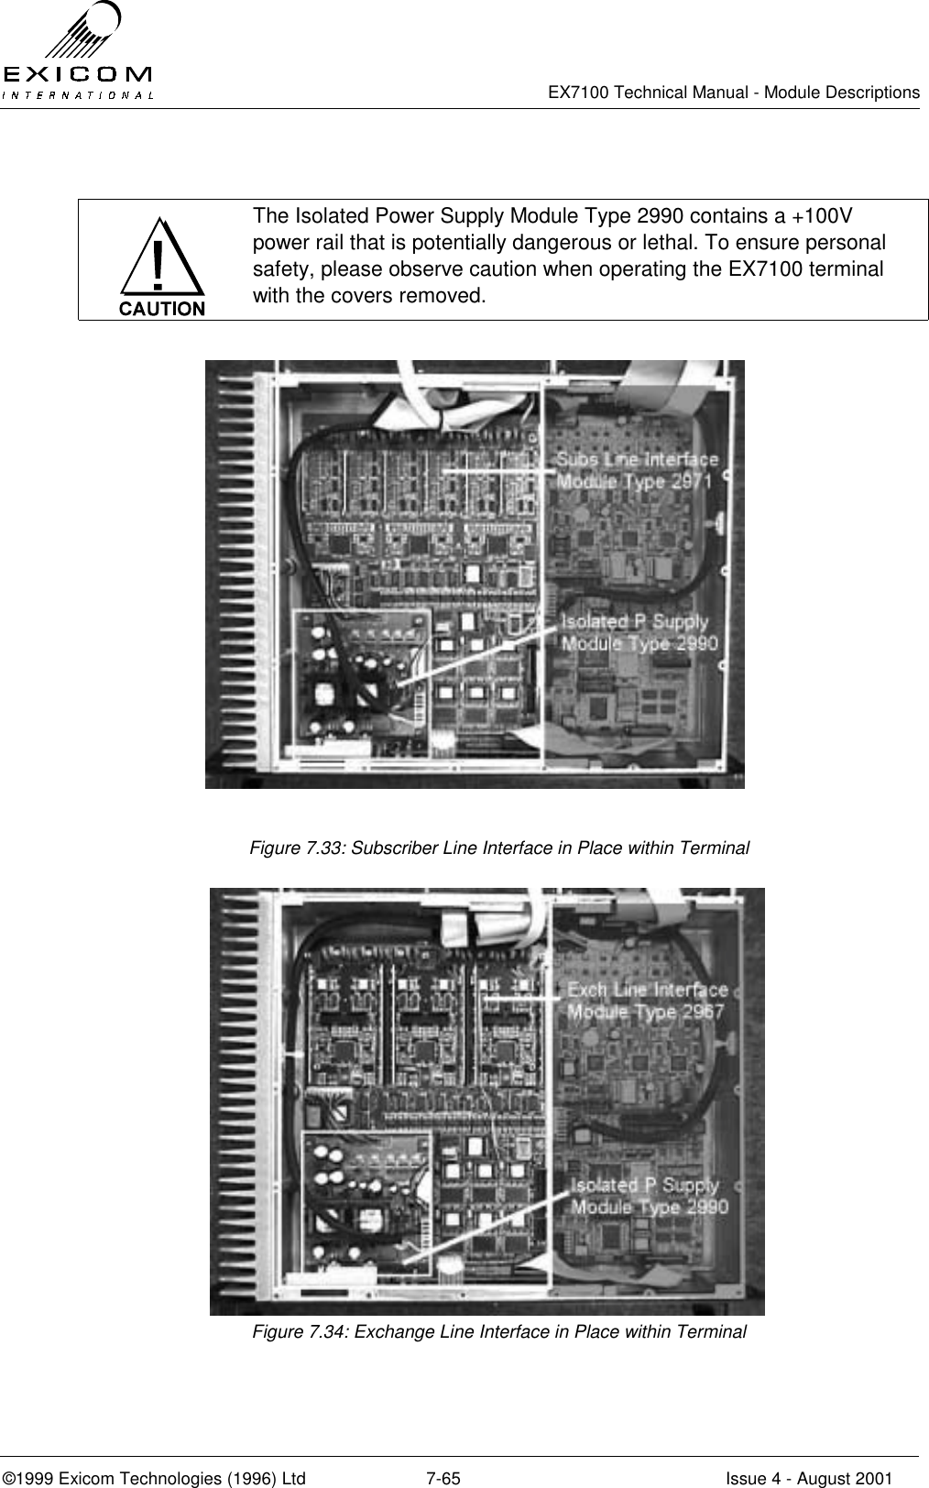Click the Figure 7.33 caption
click(x=499, y=848)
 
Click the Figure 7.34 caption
click(x=499, y=1331)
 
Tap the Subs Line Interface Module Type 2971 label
click(x=638, y=470)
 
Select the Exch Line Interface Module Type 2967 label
click(x=647, y=1001)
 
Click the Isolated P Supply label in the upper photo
click(x=639, y=632)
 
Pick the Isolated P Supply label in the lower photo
click(x=649, y=1196)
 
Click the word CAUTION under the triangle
click(x=162, y=309)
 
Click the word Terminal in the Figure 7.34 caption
click(x=716, y=1331)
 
